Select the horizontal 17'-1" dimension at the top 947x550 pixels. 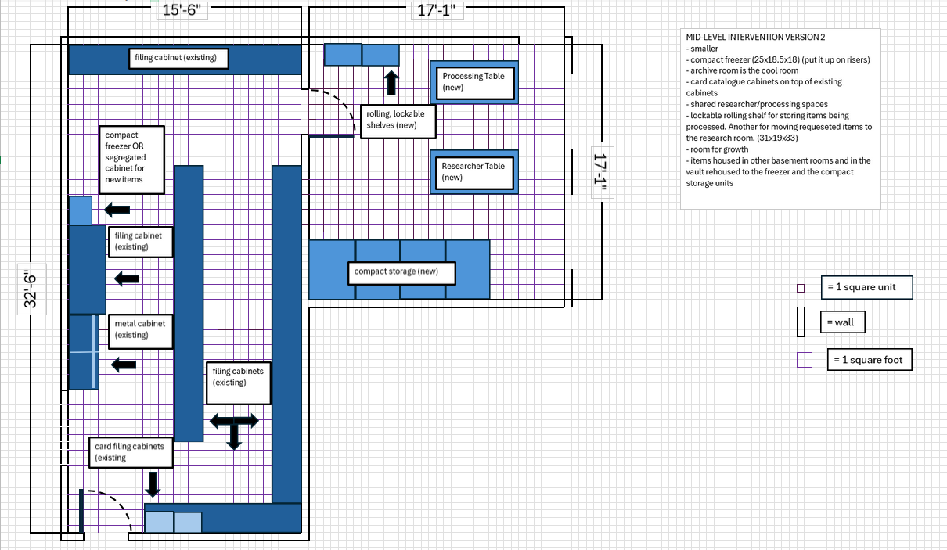pos(437,10)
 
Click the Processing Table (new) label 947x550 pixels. pos(473,82)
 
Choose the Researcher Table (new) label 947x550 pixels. pos(473,171)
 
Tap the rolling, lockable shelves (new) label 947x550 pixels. pos(395,119)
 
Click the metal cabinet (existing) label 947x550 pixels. pos(139,329)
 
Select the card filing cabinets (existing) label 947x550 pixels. pos(129,451)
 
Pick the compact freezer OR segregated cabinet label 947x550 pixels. pos(131,160)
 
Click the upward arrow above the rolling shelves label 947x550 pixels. pos(391,82)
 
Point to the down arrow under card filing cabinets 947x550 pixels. pos(153,483)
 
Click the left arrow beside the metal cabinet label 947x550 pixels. pos(124,364)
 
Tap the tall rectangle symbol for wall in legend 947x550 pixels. pos(801,322)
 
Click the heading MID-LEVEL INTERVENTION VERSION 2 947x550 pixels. pos(754,37)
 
